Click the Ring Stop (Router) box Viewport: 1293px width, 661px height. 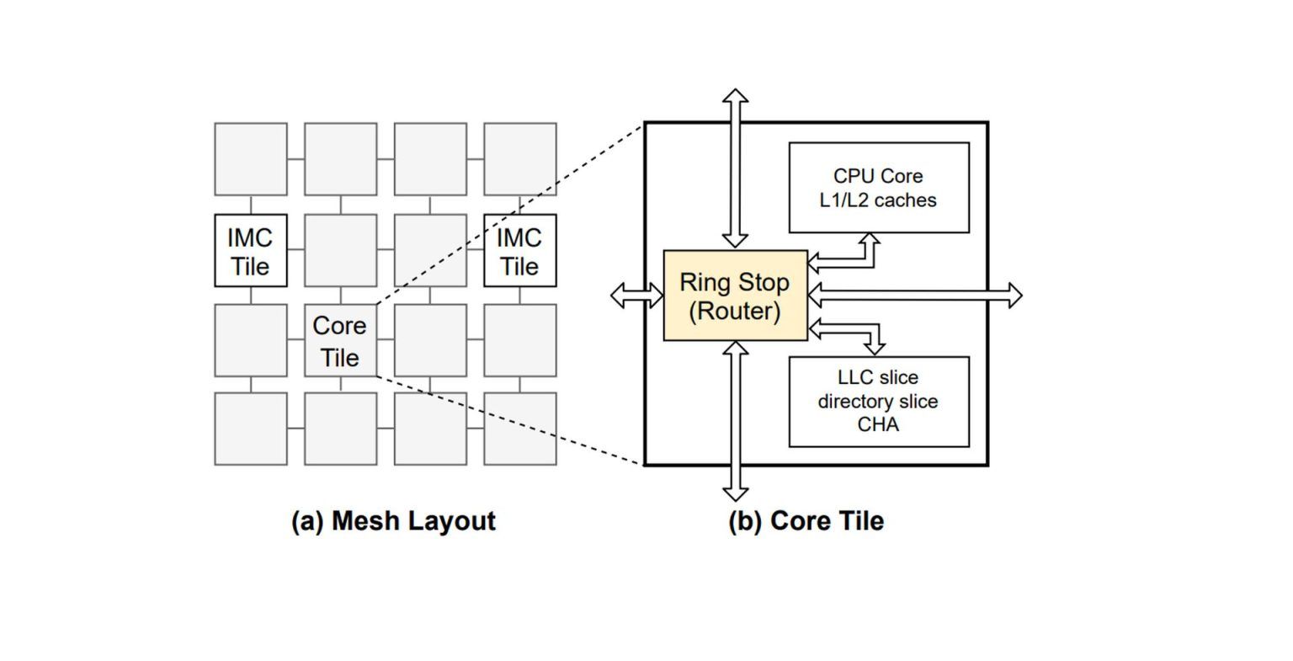pos(735,296)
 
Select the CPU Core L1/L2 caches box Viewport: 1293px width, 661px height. pos(878,188)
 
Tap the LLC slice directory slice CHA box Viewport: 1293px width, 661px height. pos(878,402)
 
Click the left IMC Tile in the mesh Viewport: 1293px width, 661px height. pos(251,251)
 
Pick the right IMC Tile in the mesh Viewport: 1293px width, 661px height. pos(519,251)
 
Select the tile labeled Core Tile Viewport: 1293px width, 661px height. pos(340,340)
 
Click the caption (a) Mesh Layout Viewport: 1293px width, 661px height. pos(393,520)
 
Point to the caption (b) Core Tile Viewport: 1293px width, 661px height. pos(806,520)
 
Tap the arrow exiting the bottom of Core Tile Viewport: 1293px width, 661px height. pos(736,421)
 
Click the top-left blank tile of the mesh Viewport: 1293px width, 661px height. pos(251,159)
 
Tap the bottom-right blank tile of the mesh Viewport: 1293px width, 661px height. pos(519,429)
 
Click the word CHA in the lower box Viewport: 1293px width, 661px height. pos(878,424)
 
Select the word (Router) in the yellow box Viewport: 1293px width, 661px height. pos(735,312)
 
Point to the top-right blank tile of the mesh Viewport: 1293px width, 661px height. pos(519,159)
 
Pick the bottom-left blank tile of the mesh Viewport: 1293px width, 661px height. pos(251,429)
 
